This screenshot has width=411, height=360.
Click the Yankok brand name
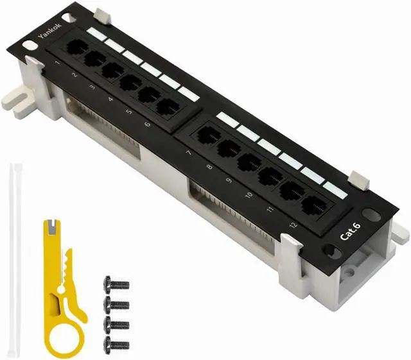point(50,30)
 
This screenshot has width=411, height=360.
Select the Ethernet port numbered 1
point(77,47)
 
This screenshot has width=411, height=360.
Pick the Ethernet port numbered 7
point(208,135)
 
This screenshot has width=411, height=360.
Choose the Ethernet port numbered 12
point(314,204)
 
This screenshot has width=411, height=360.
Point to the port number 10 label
point(249,194)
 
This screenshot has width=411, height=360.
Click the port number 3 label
point(92,87)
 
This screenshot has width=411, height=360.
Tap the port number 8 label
point(209,166)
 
